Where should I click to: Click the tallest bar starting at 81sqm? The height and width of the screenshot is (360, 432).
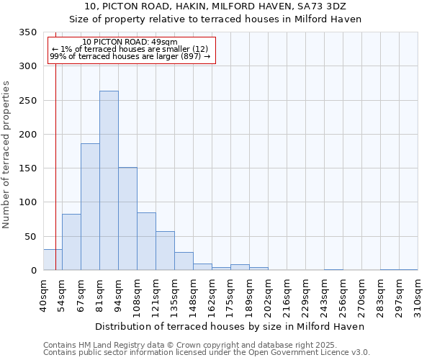pyautogui.click(x=109, y=181)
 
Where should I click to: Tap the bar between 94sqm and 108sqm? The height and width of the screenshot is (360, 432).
pyautogui.click(x=127, y=219)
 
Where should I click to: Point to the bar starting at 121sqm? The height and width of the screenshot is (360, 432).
pyautogui.click(x=165, y=251)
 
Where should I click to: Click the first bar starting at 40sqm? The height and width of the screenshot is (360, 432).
pyautogui.click(x=53, y=260)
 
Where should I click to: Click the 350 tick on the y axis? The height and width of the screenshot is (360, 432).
pyautogui.click(x=27, y=32)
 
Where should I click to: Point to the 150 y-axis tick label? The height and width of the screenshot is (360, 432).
pyautogui.click(x=27, y=168)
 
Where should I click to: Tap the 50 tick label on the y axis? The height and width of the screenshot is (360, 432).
pyautogui.click(x=30, y=236)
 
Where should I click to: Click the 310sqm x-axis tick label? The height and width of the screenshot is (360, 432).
pyautogui.click(x=418, y=296)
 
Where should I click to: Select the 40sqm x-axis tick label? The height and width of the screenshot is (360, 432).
pyautogui.click(x=44, y=296)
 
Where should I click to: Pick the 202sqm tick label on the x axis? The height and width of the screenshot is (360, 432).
pyautogui.click(x=269, y=296)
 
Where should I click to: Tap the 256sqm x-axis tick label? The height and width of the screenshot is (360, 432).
pyautogui.click(x=343, y=296)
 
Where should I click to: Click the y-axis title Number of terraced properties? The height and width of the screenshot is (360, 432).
pyautogui.click(x=6, y=155)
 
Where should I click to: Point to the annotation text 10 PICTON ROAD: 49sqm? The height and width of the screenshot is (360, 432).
pyautogui.click(x=130, y=42)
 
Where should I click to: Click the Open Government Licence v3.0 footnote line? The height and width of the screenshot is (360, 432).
pyautogui.click(x=206, y=352)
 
